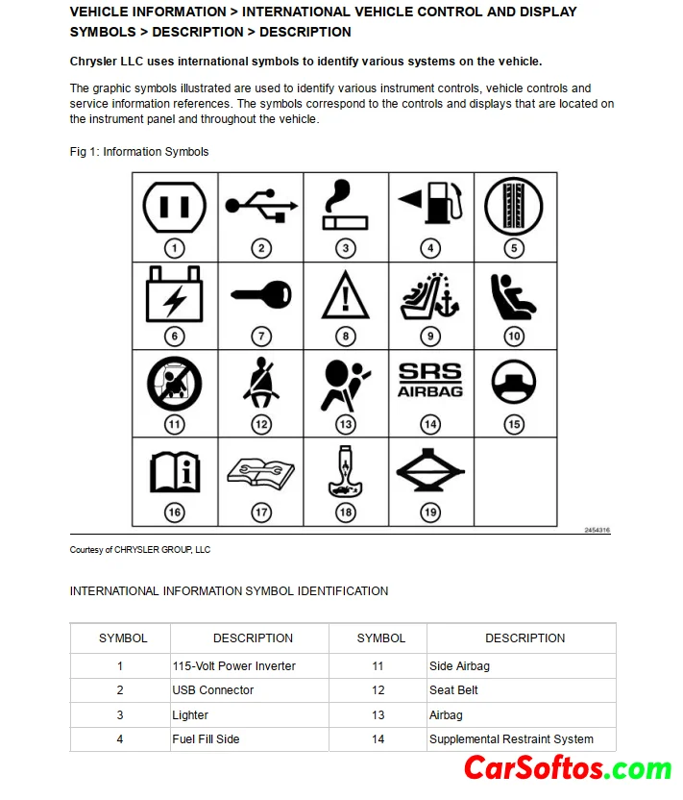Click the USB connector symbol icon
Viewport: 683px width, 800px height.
261,206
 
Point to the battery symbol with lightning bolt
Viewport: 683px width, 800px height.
174,294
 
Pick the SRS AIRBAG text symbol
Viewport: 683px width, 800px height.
430,380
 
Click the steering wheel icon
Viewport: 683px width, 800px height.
515,382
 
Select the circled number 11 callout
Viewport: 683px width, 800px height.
174,424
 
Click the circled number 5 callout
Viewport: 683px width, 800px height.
515,248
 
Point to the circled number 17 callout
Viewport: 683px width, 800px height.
261,512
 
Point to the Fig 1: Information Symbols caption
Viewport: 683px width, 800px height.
139,152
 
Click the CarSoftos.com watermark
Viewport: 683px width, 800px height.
568,768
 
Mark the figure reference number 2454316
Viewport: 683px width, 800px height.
597,531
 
